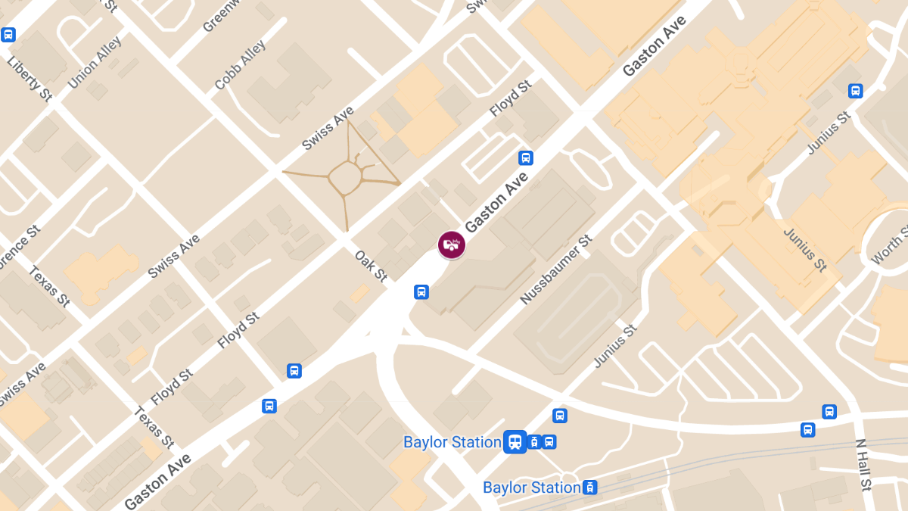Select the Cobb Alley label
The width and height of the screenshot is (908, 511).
[240, 66]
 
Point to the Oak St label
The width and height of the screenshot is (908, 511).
[371, 266]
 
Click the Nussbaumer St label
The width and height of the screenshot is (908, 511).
[555, 270]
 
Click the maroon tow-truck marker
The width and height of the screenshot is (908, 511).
[452, 245]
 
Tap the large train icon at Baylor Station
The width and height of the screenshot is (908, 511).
[515, 441]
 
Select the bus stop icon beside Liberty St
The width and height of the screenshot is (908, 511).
[9, 34]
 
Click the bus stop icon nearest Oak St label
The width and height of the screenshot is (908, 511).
[421, 291]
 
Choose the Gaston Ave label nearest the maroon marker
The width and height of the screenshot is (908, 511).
[496, 201]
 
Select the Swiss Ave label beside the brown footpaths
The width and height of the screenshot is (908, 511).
[328, 129]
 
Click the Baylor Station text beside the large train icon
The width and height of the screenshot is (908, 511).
[452, 442]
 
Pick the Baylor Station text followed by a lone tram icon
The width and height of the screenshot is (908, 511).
[531, 488]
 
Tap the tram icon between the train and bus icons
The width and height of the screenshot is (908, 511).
[534, 442]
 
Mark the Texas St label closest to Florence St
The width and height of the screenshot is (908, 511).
[50, 286]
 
